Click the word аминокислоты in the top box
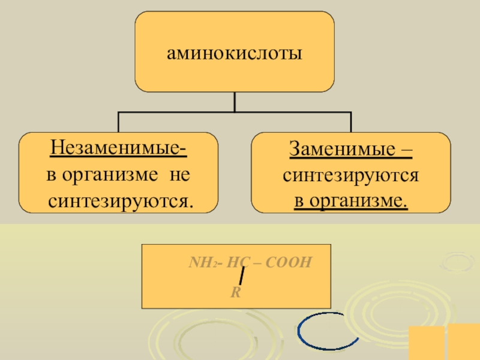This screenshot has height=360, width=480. tap(234, 55)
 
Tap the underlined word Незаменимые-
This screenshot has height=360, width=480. tap(118, 148)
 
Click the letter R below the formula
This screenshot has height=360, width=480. tap(235, 293)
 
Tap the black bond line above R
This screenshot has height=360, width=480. tap(241, 277)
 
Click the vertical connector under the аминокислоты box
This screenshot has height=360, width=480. tap(235, 102)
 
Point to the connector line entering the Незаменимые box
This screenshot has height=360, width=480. tap(119, 122)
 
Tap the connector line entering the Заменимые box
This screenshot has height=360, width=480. tap(351, 122)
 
